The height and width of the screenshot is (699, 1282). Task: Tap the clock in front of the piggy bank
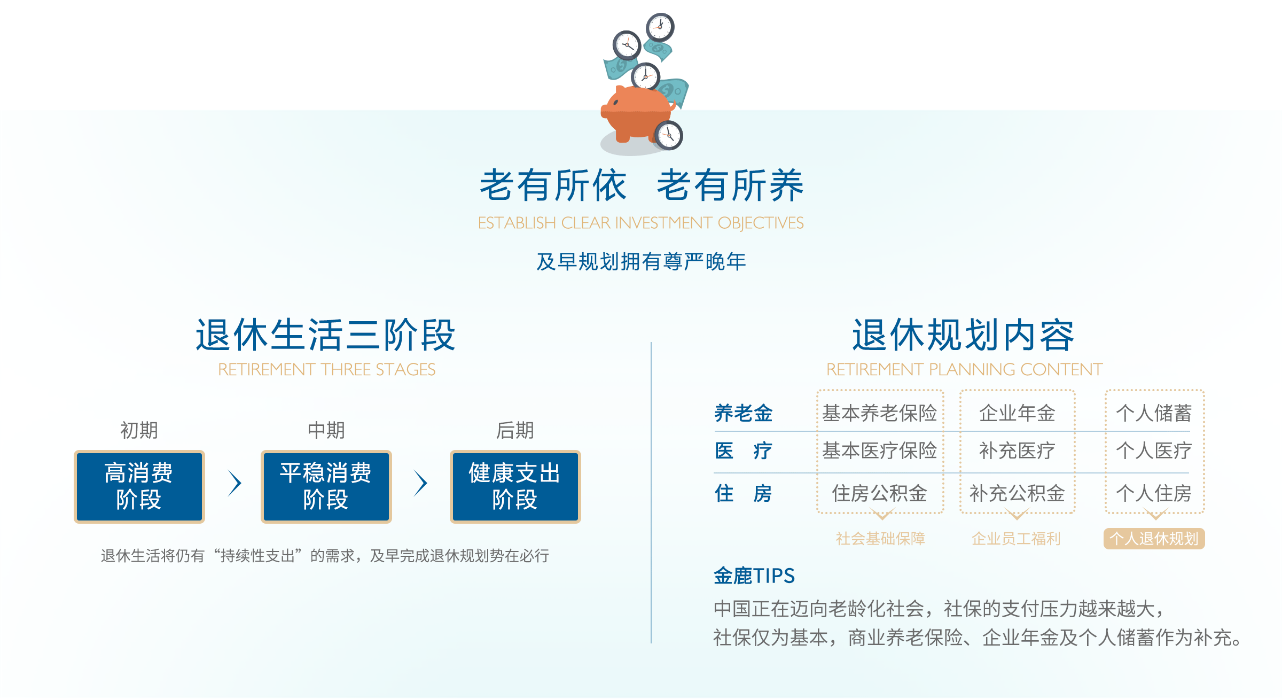point(669,135)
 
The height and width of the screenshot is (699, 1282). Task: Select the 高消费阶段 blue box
point(139,486)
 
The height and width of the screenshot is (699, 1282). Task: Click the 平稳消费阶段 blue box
point(326,486)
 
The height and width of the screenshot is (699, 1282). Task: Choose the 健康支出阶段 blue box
point(515,486)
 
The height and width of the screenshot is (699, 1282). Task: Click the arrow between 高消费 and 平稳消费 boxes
point(235,483)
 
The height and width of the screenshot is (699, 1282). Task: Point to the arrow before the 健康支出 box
point(421,483)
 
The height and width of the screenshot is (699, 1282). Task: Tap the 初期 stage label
point(139,430)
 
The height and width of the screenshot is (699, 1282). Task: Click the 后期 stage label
point(515,430)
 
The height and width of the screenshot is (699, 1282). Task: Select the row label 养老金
point(744,413)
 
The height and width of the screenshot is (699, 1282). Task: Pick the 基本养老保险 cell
point(880,413)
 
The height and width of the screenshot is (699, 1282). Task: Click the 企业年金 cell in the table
point(1017,413)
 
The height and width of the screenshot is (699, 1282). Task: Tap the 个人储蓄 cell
point(1154,413)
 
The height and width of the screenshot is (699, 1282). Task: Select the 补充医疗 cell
point(1017,451)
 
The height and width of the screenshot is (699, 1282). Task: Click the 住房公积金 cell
point(880,493)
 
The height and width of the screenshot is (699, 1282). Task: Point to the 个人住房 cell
point(1154,493)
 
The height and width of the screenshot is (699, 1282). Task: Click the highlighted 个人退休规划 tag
point(1154,539)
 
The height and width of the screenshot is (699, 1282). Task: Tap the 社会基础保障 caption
point(880,539)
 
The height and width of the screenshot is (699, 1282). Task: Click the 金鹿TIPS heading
point(754,576)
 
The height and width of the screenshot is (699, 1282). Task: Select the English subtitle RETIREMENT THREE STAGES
point(327,369)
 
